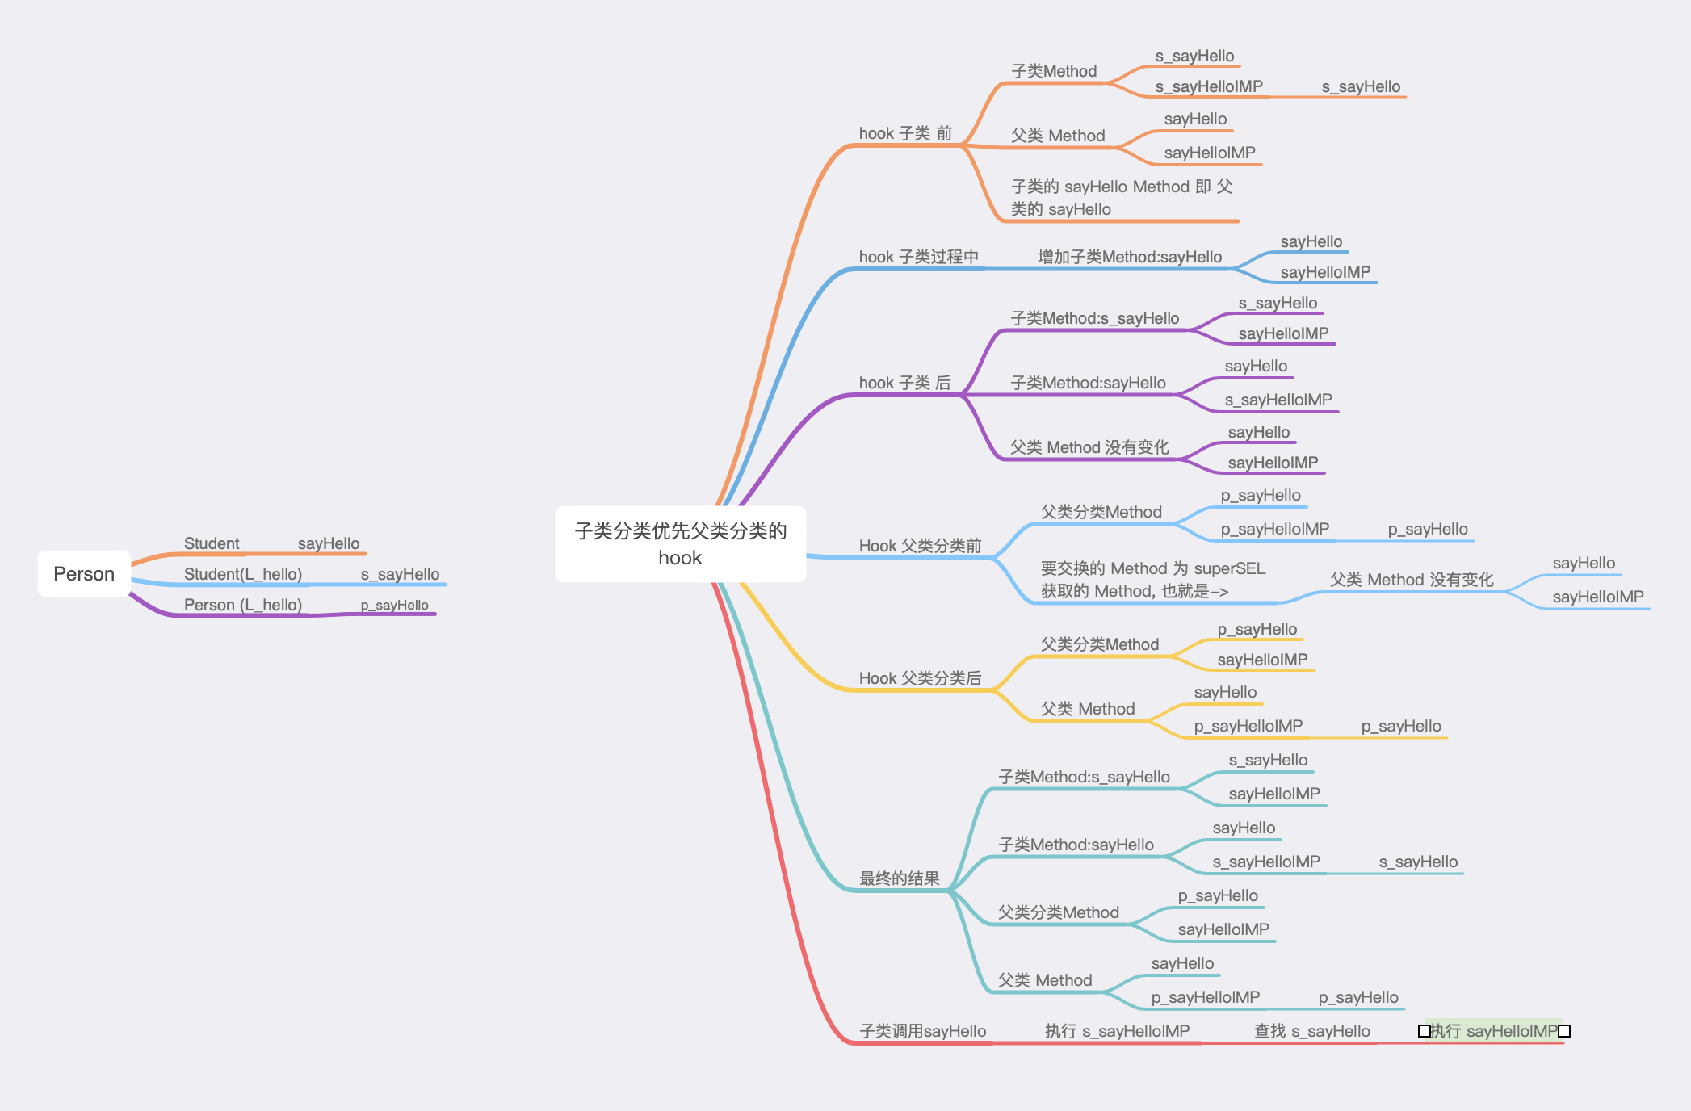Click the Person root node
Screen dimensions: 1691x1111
pyautogui.click(x=84, y=574)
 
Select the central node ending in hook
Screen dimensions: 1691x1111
pyautogui.click(x=680, y=543)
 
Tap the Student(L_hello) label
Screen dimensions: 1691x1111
pyautogui.click(x=242, y=574)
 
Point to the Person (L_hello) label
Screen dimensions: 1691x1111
pyautogui.click(x=242, y=605)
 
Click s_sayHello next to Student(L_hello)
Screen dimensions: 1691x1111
pyautogui.click(x=400, y=574)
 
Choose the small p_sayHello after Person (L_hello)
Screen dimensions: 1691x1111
pyautogui.click(x=394, y=605)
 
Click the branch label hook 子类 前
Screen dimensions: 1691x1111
pyautogui.click(x=905, y=133)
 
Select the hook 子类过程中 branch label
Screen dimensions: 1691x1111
pyautogui.click(x=918, y=257)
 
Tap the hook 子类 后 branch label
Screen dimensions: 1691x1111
pyautogui.click(x=904, y=383)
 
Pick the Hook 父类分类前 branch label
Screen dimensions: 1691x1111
pyautogui.click(x=920, y=546)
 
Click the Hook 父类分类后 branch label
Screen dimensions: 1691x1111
pyautogui.click(x=920, y=678)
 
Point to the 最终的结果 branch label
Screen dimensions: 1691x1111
pyautogui.click(x=899, y=878)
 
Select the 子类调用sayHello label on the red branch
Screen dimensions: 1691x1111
pyautogui.click(x=922, y=1031)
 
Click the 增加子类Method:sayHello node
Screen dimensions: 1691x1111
pyautogui.click(x=1129, y=257)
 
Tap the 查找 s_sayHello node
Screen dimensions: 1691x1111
pyautogui.click(x=1311, y=1031)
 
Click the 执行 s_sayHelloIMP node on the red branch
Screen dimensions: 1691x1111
pyautogui.click(x=1117, y=1031)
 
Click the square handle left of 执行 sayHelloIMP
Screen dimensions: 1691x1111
pyautogui.click(x=1425, y=1031)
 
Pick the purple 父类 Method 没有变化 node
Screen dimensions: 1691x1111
pyautogui.click(x=1089, y=447)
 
